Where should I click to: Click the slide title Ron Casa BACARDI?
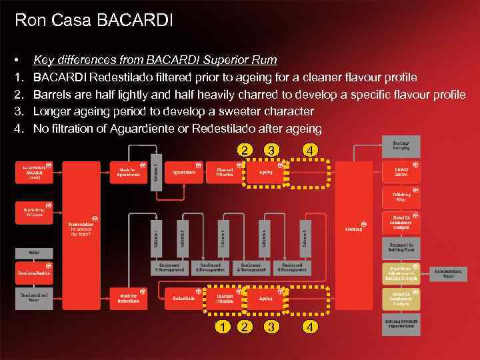(x=93, y=20)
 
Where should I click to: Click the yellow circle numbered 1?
(x=222, y=327)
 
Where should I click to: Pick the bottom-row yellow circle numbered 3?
(x=271, y=327)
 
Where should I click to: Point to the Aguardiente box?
(x=184, y=172)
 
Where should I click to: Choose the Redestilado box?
(x=184, y=298)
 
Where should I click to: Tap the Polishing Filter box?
(x=401, y=196)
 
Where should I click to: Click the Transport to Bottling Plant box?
(x=401, y=248)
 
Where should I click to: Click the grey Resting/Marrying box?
(x=401, y=145)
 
